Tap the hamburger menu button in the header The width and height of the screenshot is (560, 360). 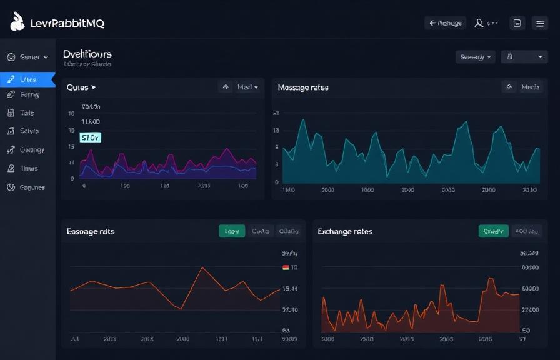540,23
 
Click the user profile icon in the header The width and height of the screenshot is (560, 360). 479,23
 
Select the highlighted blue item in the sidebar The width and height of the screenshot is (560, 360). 27,79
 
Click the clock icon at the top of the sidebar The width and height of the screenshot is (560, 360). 11,57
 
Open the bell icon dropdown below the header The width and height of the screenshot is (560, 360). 524,57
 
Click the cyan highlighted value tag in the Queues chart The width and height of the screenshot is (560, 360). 90,137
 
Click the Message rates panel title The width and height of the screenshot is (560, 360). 303,87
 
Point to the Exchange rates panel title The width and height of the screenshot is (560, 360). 345,231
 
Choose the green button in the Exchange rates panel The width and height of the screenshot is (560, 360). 493,231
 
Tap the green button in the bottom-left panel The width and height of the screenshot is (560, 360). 232,231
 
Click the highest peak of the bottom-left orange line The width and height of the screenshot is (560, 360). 202,267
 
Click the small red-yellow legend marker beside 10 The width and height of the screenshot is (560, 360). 286,267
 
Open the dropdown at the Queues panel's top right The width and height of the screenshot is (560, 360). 247,87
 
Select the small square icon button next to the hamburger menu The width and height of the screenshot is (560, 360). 517,23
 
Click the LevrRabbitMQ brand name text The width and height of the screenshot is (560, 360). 67,24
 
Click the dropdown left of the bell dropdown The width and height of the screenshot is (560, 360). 476,57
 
